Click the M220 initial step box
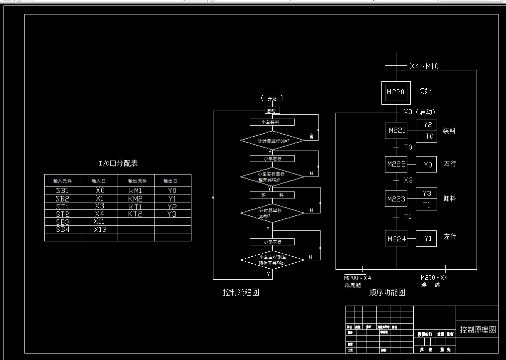396,92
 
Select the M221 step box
396,132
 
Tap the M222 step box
396,164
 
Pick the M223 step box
396,199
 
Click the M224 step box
396,239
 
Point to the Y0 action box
428,164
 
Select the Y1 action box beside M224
428,239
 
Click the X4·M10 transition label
424,66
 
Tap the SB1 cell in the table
63,190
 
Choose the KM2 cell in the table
136,198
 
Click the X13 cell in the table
100,229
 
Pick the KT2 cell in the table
136,214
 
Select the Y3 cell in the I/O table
172,214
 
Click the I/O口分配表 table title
118,163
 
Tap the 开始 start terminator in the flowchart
272,99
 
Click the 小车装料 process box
272,122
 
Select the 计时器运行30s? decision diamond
272,141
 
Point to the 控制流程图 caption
241,292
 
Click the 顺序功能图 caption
387,292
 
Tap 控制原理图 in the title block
478,330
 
